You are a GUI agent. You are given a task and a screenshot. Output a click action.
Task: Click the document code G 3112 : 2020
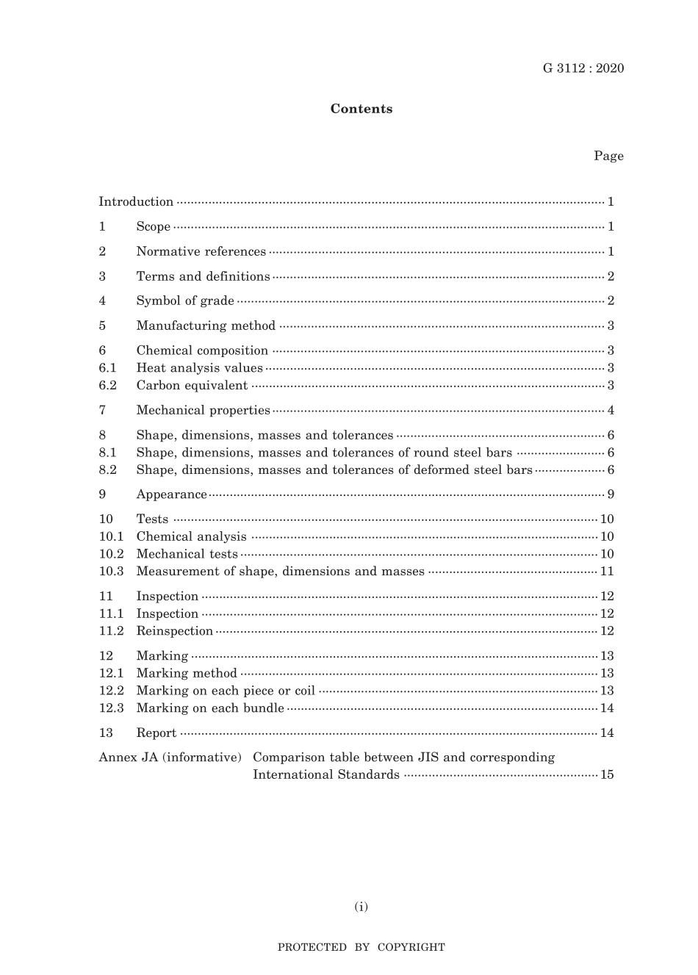click(x=583, y=68)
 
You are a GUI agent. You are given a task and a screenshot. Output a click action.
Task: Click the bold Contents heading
click(x=361, y=109)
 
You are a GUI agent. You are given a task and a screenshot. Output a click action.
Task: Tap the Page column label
click(x=608, y=156)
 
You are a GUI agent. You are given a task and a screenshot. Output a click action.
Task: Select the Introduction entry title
click(x=136, y=201)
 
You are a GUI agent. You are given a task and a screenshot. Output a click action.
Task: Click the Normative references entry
click(x=201, y=251)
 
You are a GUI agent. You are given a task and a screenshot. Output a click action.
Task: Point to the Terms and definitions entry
click(x=203, y=276)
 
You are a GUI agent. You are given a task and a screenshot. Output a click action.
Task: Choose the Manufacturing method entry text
click(x=206, y=325)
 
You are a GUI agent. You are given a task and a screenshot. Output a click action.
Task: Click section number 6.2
click(x=108, y=385)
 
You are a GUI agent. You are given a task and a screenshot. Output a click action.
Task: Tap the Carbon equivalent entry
click(x=192, y=385)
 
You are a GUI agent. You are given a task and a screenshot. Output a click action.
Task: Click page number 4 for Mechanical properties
click(x=611, y=410)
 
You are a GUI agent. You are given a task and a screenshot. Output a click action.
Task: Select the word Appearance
click(x=171, y=494)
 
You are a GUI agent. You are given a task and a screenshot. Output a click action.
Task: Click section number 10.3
click(x=111, y=571)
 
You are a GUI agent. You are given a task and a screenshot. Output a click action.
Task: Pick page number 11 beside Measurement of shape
click(x=607, y=571)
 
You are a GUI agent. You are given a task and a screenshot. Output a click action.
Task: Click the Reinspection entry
click(x=174, y=630)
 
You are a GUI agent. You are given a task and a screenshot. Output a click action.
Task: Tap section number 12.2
click(x=111, y=690)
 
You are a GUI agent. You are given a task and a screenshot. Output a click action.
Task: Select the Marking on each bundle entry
click(x=210, y=708)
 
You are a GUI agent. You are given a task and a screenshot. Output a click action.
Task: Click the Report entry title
click(x=156, y=733)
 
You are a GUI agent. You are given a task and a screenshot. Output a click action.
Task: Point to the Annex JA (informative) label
click(x=170, y=757)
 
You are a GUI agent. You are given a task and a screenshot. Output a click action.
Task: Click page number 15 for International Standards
click(x=607, y=774)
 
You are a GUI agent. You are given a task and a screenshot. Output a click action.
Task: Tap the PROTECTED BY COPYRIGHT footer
click(x=361, y=947)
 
